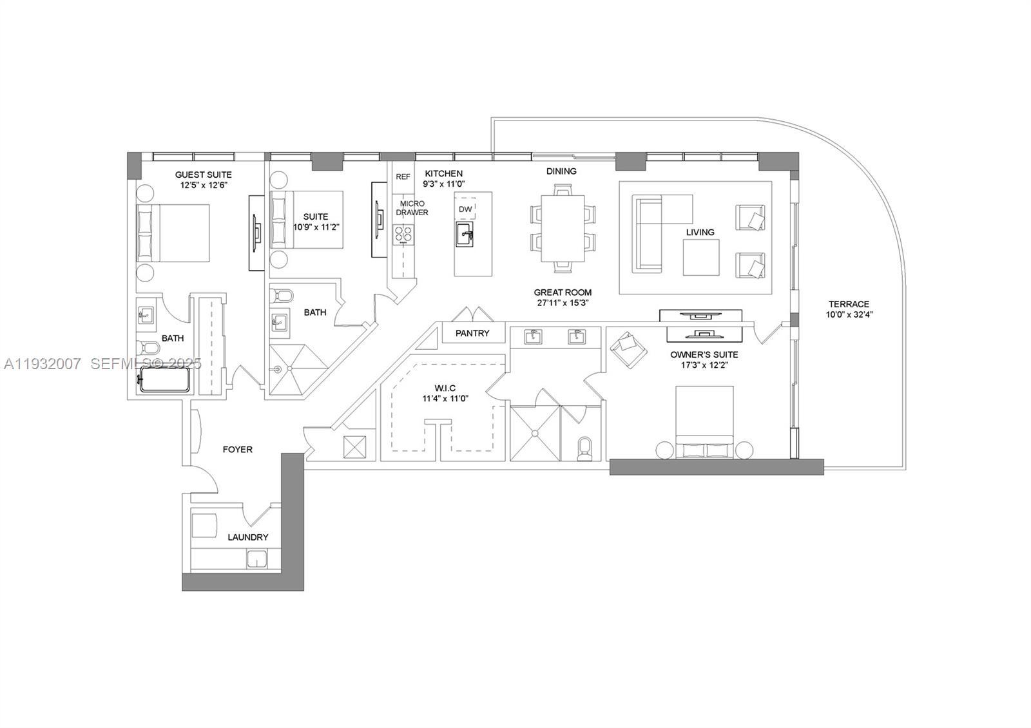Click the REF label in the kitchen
coord(403,177)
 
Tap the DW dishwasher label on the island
coord(465,209)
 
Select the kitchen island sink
coord(465,234)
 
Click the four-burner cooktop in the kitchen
coord(403,235)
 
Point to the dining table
coord(563,228)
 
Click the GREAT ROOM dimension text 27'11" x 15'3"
coord(563,303)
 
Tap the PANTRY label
coord(472,333)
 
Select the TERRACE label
coord(849,304)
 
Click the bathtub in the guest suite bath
coord(165,379)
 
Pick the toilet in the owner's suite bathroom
coord(584,448)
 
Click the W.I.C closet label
coord(445,388)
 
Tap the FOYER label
coord(238,450)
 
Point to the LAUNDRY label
coord(247,537)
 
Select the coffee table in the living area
coord(701,258)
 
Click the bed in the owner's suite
coord(704,422)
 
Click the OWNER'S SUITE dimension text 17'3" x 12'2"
coord(704,365)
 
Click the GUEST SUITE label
coord(204,175)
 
